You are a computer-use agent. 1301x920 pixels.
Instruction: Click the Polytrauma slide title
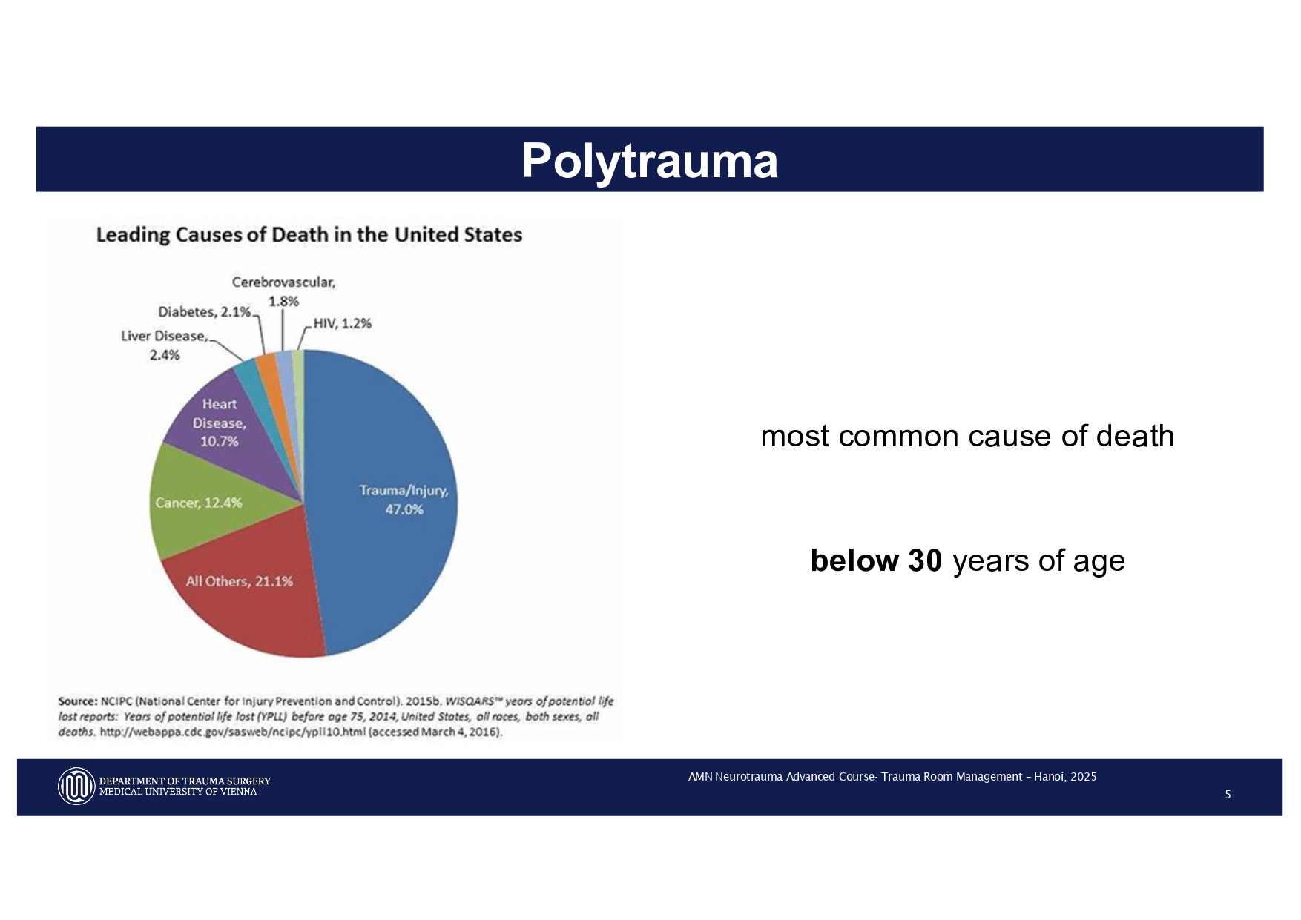coord(649,160)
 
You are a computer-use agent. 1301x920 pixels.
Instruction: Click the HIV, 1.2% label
coord(342,323)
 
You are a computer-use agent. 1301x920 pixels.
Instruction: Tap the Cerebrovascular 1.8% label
coord(283,291)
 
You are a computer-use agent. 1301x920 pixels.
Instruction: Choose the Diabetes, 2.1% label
coord(205,312)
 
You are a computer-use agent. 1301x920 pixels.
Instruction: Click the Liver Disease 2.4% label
coord(164,345)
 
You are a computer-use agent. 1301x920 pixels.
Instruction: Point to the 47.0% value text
coord(404,509)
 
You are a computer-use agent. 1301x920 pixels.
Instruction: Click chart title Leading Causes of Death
coord(309,235)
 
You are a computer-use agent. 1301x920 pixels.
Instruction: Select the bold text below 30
coord(876,560)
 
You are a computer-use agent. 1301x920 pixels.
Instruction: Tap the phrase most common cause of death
coord(967,436)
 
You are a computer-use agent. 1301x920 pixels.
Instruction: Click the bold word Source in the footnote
coord(78,701)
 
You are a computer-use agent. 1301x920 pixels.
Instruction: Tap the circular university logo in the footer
coord(76,786)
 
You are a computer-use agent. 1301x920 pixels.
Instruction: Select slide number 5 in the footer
coord(1228,795)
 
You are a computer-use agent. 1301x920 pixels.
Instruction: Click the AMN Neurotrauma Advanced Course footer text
coord(892,777)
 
